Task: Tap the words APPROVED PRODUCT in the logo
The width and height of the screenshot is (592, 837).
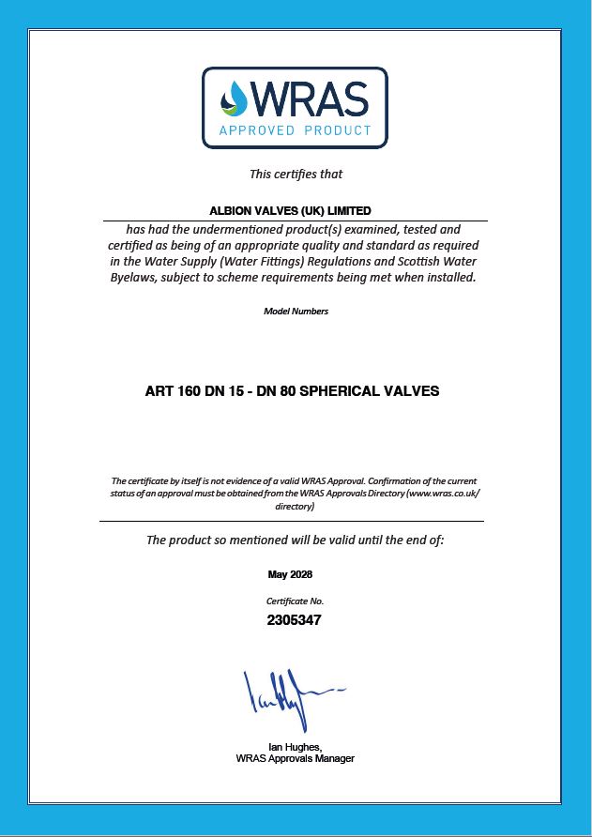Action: (x=296, y=130)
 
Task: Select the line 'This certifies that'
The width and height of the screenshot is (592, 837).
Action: (x=296, y=174)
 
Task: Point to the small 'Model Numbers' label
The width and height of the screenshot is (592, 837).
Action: (x=296, y=312)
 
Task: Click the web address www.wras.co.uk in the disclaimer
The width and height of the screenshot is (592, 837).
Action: (x=441, y=493)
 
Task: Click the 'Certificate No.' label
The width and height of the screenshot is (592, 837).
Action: (x=296, y=601)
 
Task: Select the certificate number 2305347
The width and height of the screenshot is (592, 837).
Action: (x=296, y=619)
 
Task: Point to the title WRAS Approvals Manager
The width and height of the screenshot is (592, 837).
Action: (x=296, y=758)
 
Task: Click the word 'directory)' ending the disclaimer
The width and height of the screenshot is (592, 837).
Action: (x=296, y=506)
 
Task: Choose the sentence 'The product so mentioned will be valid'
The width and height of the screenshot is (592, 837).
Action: (x=296, y=540)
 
